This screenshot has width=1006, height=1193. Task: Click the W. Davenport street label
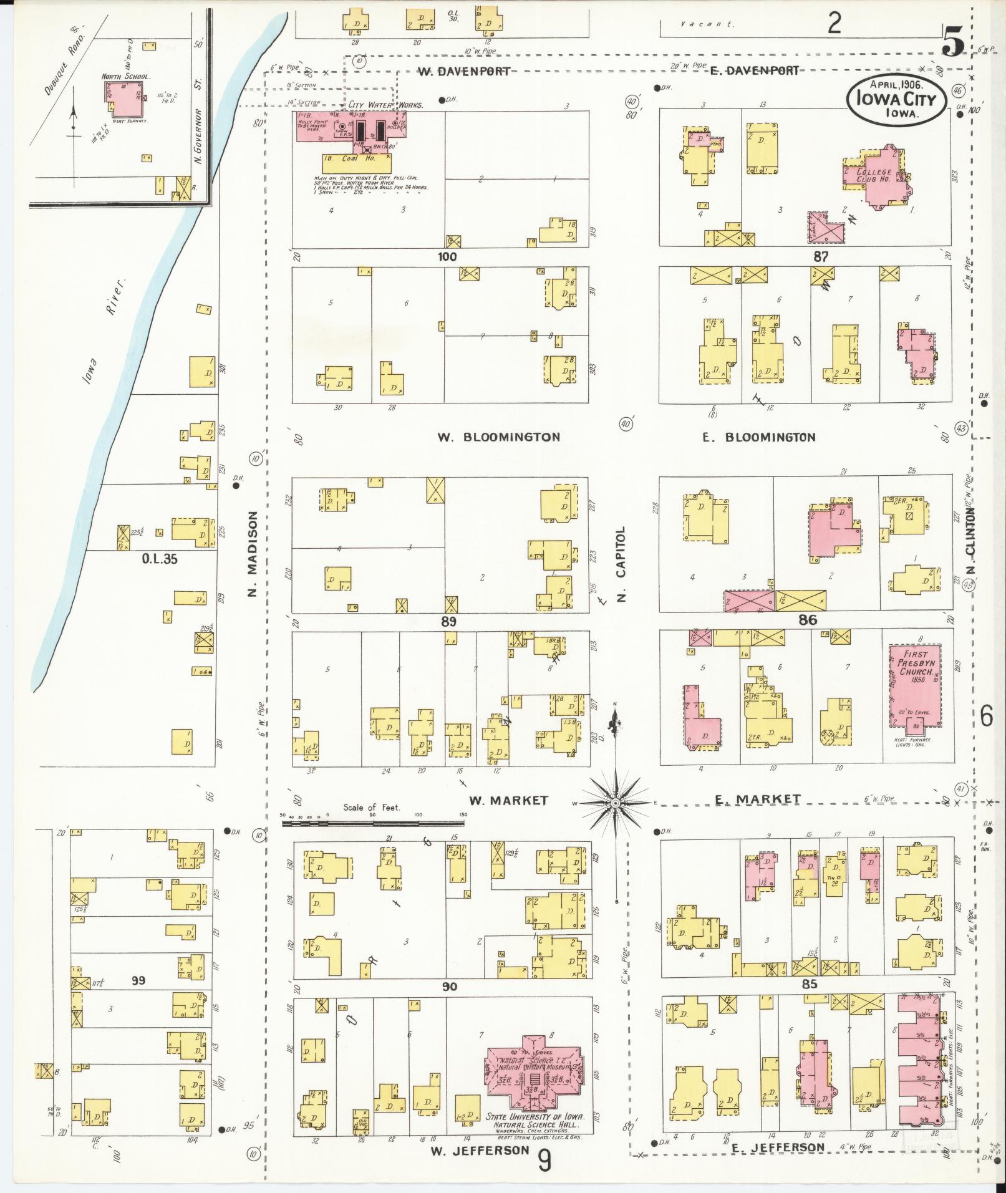click(x=463, y=71)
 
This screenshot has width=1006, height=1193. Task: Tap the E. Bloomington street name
click(x=758, y=437)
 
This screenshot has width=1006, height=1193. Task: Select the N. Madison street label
click(x=252, y=554)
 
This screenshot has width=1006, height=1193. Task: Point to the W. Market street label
click(x=508, y=800)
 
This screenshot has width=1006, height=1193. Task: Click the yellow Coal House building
click(x=357, y=163)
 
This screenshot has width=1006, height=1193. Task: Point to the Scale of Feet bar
click(x=374, y=823)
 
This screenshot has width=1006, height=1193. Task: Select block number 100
click(x=447, y=256)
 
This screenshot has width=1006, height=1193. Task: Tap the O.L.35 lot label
click(x=160, y=559)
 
